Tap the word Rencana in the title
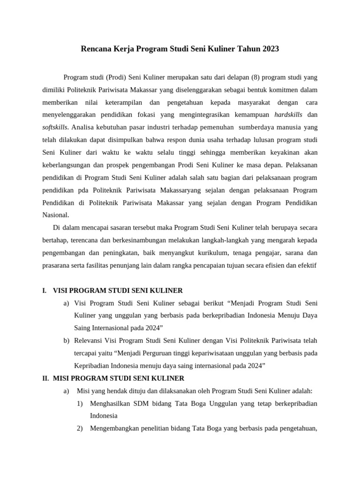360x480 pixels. (96, 49)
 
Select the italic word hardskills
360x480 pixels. (288, 115)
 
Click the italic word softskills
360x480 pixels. (55, 127)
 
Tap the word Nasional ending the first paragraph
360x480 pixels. (55, 215)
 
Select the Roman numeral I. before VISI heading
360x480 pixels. (44, 291)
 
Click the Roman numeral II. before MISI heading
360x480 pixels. (45, 378)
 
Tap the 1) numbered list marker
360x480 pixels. (80, 404)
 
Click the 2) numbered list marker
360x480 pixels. (80, 428)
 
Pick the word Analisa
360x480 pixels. (84, 127)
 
